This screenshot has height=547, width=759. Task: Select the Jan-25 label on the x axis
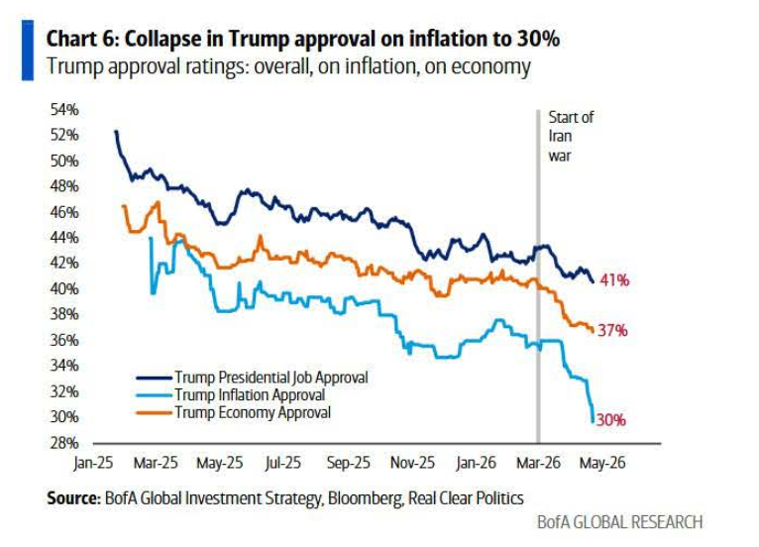pyautogui.click(x=92, y=463)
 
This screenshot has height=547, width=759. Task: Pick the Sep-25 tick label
pyautogui.click(x=348, y=463)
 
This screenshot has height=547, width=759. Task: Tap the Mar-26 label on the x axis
pyautogui.click(x=539, y=463)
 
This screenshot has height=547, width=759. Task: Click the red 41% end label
pyautogui.click(x=614, y=280)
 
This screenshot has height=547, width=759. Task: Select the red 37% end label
pyautogui.click(x=612, y=331)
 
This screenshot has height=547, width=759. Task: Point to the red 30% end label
pyautogui.click(x=610, y=420)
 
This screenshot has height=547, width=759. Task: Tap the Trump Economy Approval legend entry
pyautogui.click(x=252, y=412)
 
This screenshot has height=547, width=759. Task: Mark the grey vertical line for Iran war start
pyautogui.click(x=538, y=297)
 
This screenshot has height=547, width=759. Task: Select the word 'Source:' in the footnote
pyautogui.click(x=72, y=498)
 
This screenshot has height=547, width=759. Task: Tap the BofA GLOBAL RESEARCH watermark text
pyautogui.click(x=619, y=522)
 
